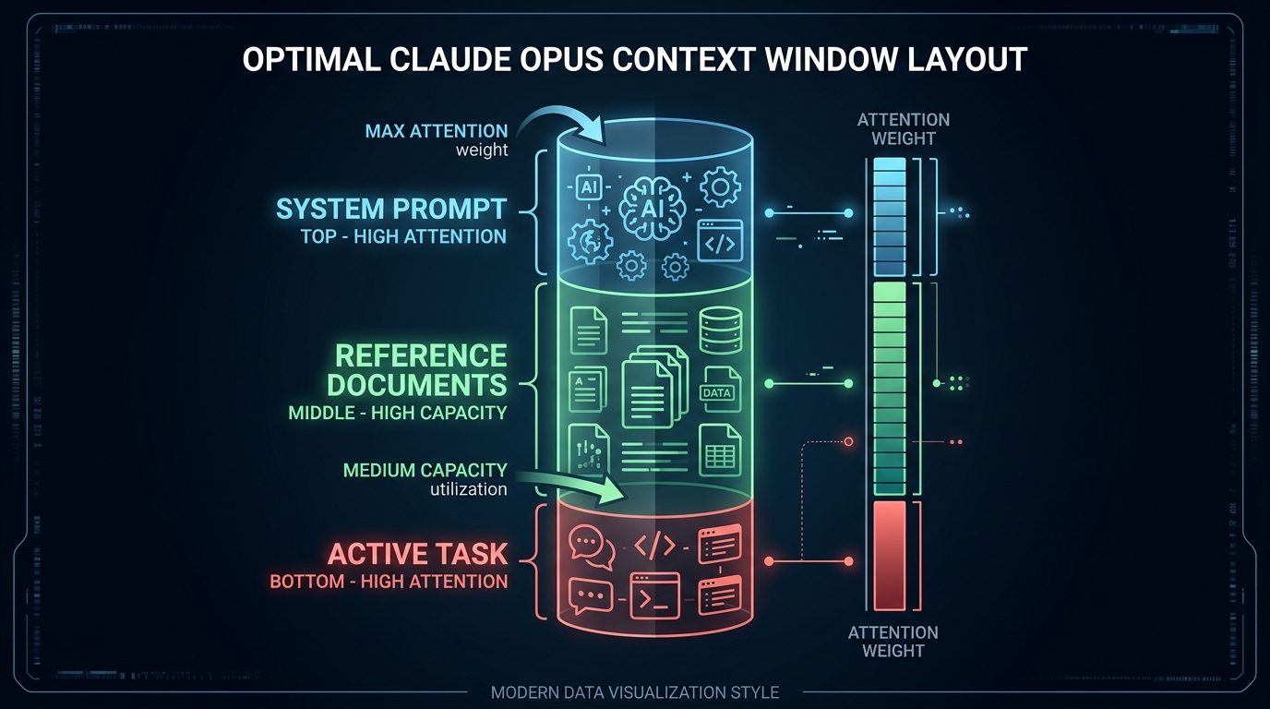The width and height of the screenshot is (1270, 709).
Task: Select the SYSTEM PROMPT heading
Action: point(391,209)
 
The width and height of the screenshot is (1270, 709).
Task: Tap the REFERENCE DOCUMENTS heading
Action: point(421,369)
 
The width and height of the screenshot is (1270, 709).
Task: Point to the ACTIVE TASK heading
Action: point(417,554)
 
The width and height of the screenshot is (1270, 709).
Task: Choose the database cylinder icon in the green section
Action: point(720,330)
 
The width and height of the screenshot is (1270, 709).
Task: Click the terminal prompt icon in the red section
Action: point(654,595)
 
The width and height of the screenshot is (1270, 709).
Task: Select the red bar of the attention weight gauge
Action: point(890,556)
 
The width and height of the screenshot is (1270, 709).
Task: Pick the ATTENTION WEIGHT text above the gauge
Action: point(903,129)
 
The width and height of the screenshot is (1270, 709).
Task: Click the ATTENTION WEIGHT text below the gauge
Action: point(893,641)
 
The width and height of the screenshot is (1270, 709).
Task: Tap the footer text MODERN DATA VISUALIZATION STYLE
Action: point(635,692)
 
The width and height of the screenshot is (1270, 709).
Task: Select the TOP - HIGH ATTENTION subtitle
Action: point(403,236)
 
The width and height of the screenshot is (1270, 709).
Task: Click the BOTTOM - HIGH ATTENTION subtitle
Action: point(389,582)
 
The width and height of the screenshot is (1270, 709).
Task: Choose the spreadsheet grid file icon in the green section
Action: point(720,450)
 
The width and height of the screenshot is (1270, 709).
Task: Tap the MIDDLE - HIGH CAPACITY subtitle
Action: point(398,413)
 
